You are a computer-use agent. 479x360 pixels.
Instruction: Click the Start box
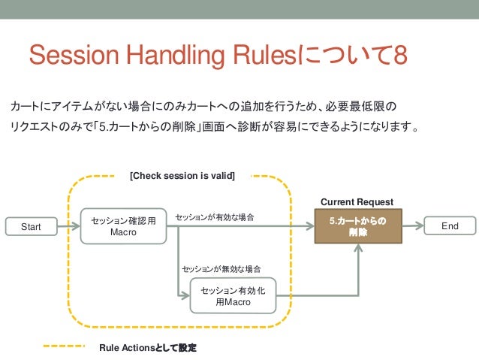tap(30, 225)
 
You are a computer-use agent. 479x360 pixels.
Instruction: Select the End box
tap(450, 225)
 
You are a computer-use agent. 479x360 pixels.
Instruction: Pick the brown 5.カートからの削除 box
tap(357, 226)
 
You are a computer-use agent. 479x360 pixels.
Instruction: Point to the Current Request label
tap(357, 202)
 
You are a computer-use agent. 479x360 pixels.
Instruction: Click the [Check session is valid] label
tap(182, 177)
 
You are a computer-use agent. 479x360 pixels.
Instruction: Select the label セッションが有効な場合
tap(215, 217)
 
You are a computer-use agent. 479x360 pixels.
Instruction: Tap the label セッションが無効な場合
tap(221, 268)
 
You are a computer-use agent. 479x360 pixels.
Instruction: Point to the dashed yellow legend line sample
tap(64, 347)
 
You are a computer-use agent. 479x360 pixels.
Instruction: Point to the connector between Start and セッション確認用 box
tap(68, 225)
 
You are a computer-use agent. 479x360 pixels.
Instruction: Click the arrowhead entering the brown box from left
tap(309, 225)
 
